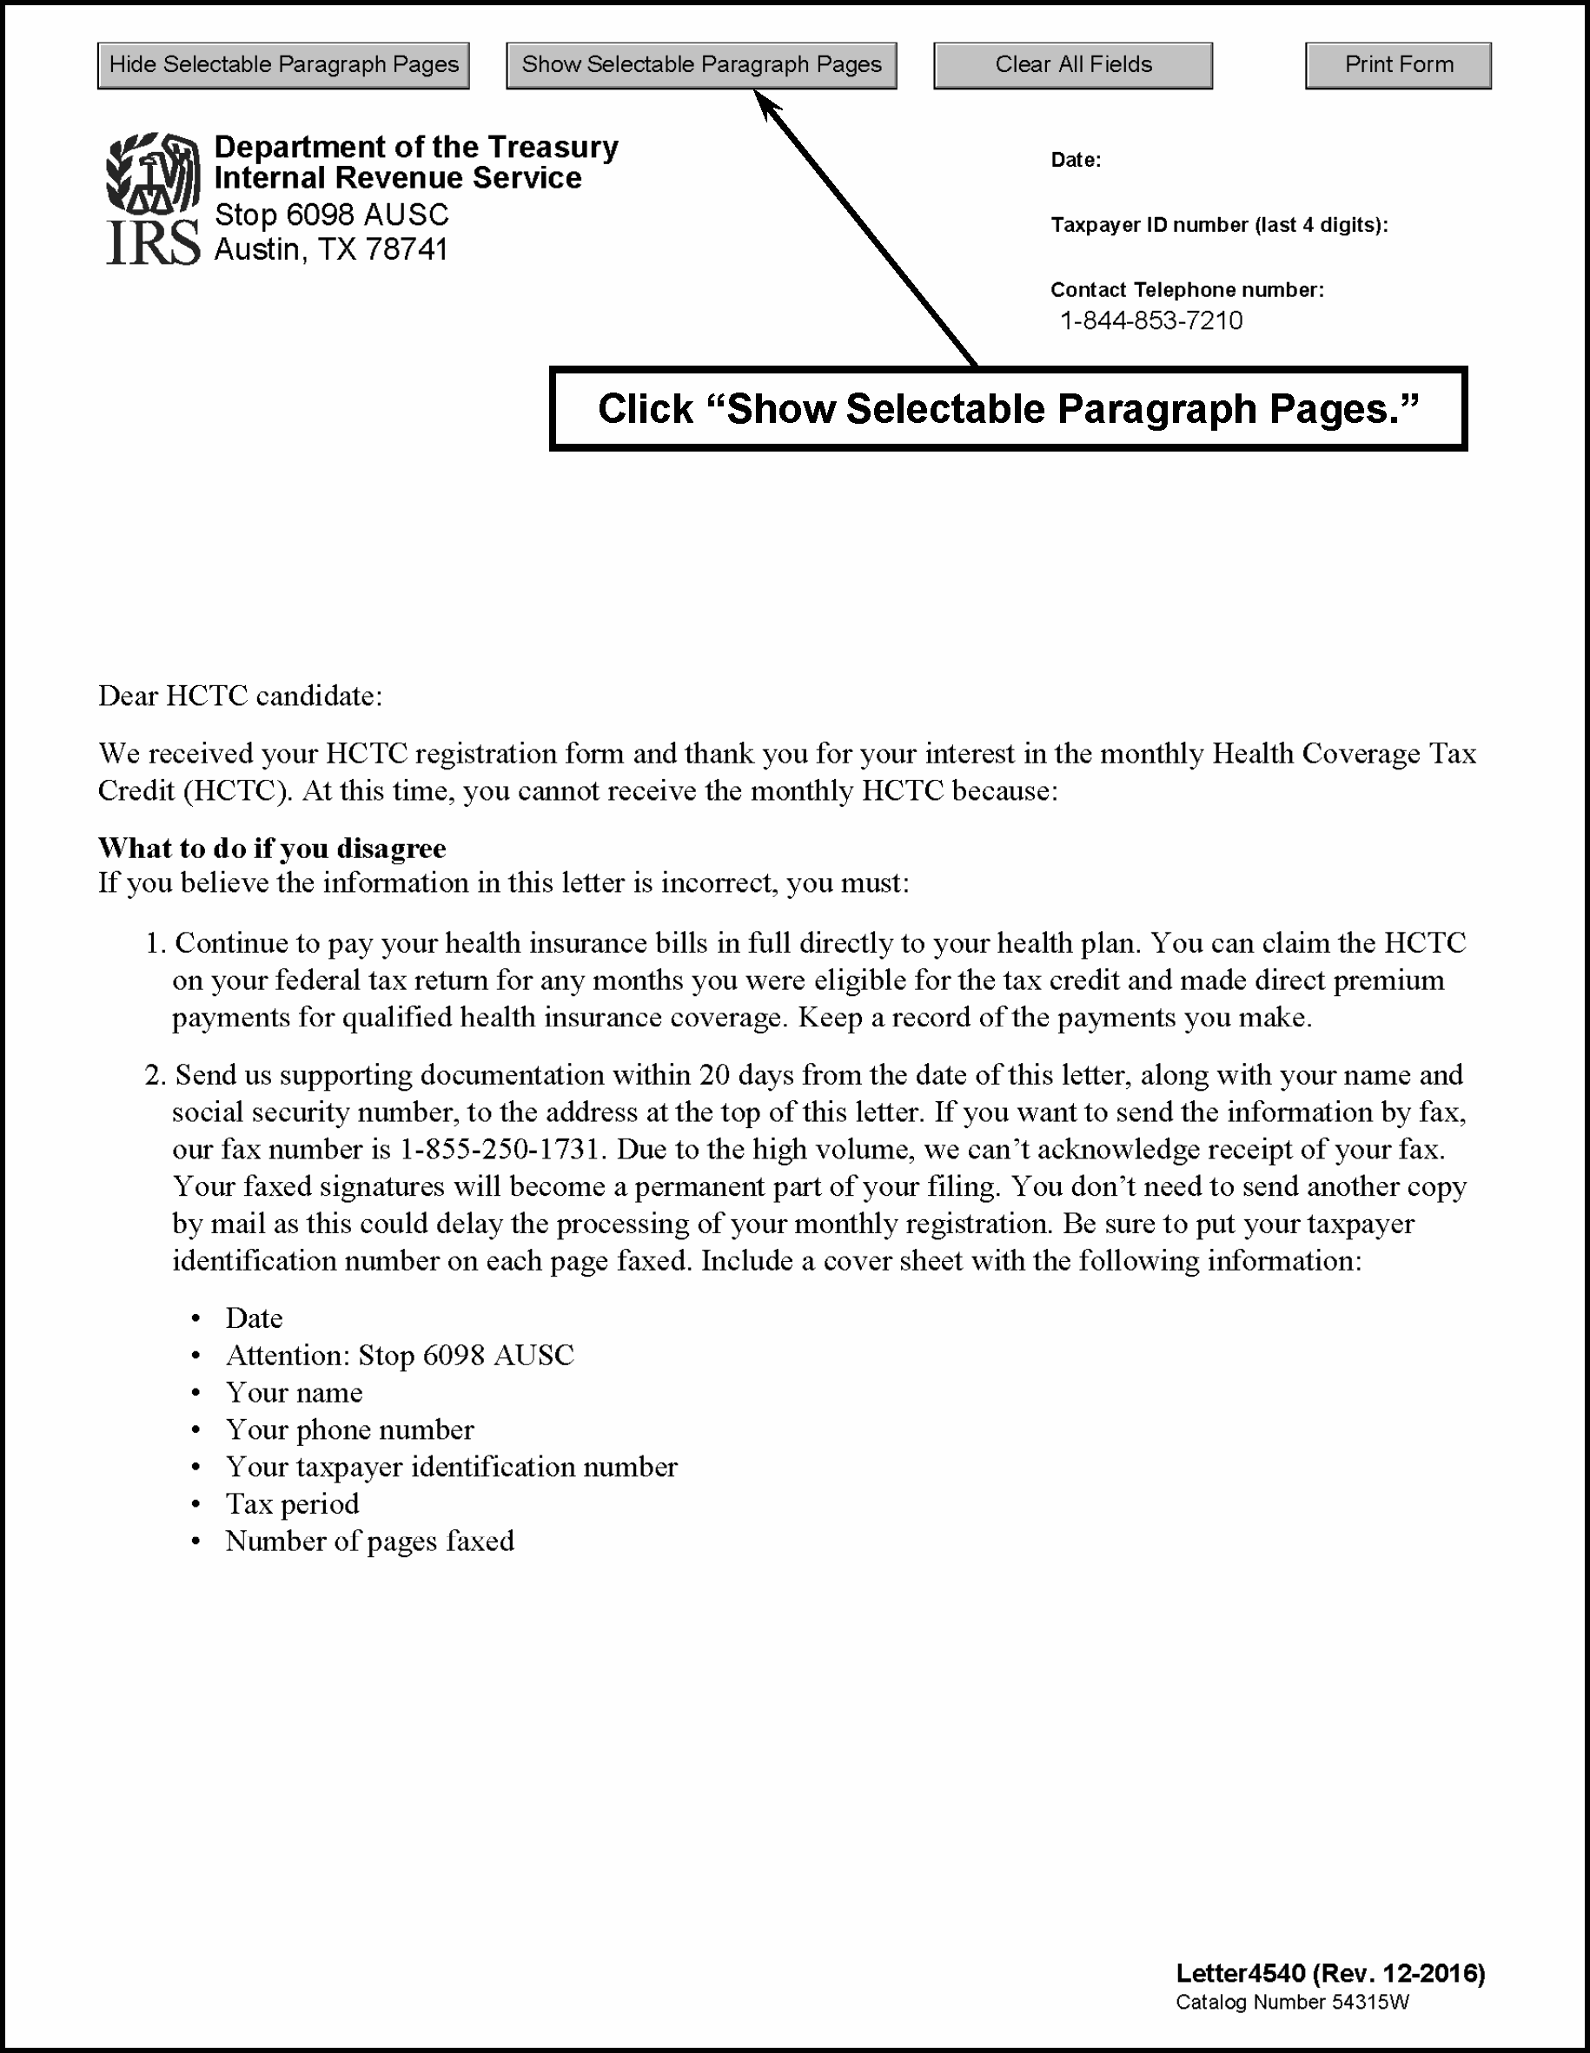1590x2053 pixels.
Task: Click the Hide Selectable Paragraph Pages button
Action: click(x=283, y=65)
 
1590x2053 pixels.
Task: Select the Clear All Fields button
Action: click(x=1073, y=65)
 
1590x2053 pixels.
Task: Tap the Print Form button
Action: click(x=1398, y=65)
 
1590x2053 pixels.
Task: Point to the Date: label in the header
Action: click(x=1076, y=160)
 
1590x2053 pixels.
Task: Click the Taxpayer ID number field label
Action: click(x=1219, y=226)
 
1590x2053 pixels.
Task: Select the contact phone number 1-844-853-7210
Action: click(x=1151, y=321)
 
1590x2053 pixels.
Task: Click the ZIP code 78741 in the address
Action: click(x=407, y=249)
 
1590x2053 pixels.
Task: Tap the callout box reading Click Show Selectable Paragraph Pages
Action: click(x=1008, y=409)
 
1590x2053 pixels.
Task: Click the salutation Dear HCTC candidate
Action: click(x=240, y=696)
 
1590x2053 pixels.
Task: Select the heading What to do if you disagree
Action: click(x=272, y=848)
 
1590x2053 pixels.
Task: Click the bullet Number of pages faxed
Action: click(x=369, y=1541)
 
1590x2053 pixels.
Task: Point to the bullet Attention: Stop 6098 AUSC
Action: click(x=400, y=1356)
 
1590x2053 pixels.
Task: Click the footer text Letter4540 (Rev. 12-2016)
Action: click(x=1329, y=1973)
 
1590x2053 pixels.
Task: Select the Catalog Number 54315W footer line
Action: click(x=1292, y=2003)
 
